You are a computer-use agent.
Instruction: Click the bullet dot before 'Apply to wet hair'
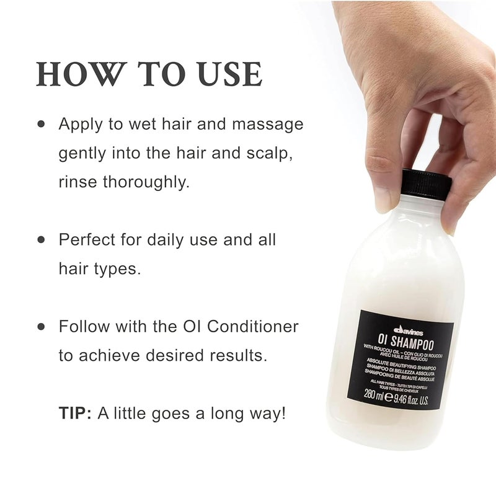pyautogui.click(x=42, y=124)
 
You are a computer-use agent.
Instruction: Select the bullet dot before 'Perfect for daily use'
pyautogui.click(x=42, y=239)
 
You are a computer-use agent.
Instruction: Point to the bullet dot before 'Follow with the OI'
pyautogui.click(x=42, y=326)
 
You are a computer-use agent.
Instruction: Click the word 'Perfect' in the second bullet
pyautogui.click(x=87, y=239)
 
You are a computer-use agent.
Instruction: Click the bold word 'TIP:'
pyautogui.click(x=74, y=413)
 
